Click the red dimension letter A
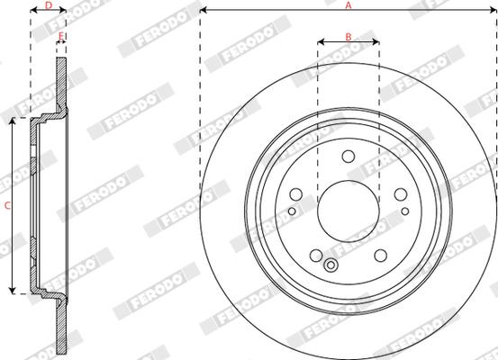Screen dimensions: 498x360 coord(349,5)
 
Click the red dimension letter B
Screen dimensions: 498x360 coord(349,37)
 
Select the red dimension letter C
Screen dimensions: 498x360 coord(7,206)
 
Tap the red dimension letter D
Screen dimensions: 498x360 coord(49,5)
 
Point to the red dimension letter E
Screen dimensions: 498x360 coord(61,36)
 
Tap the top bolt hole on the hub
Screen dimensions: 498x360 coord(349,157)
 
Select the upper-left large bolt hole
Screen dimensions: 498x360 coord(296,194)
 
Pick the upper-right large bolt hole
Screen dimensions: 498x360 coord(401,194)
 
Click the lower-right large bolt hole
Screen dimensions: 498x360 coord(381,256)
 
